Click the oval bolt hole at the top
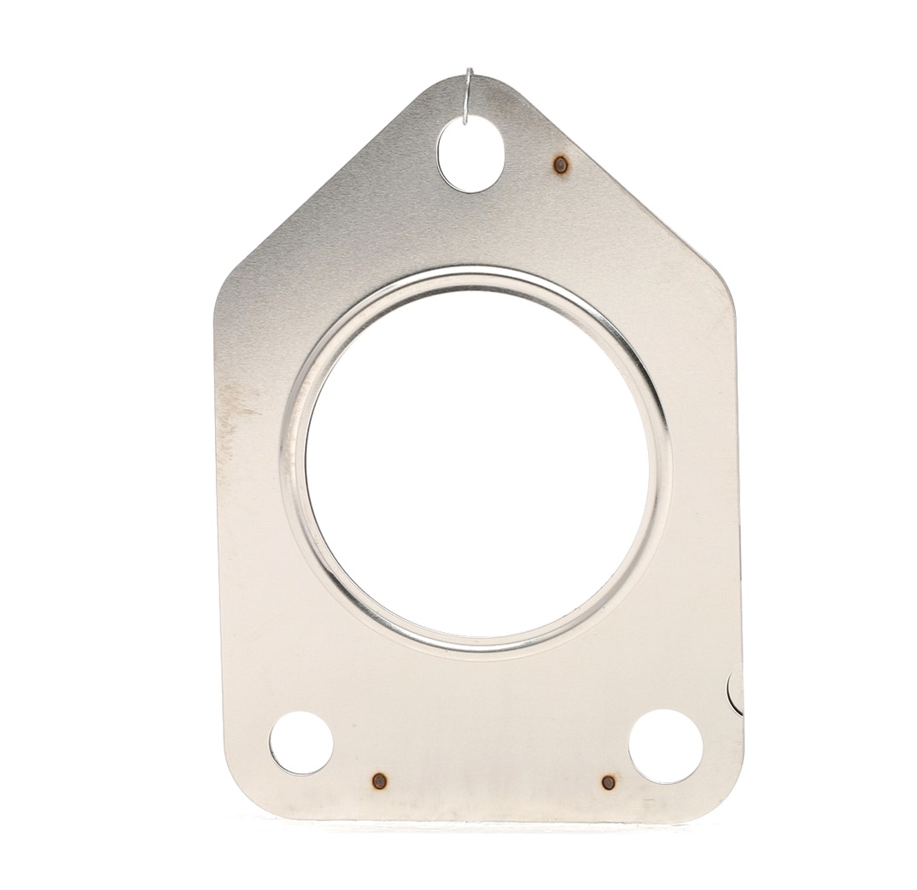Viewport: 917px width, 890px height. click(x=470, y=155)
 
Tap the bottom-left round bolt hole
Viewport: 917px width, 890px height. click(x=301, y=742)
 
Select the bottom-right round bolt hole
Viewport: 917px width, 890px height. click(x=665, y=746)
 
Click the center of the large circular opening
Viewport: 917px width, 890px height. click(x=476, y=465)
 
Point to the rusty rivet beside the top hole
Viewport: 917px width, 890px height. click(x=560, y=165)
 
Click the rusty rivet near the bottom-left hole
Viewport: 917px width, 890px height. click(x=379, y=781)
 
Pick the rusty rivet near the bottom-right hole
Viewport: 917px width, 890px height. click(x=608, y=782)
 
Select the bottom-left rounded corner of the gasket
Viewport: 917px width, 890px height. click(x=243, y=794)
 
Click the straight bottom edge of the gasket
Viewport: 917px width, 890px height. click(x=478, y=818)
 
